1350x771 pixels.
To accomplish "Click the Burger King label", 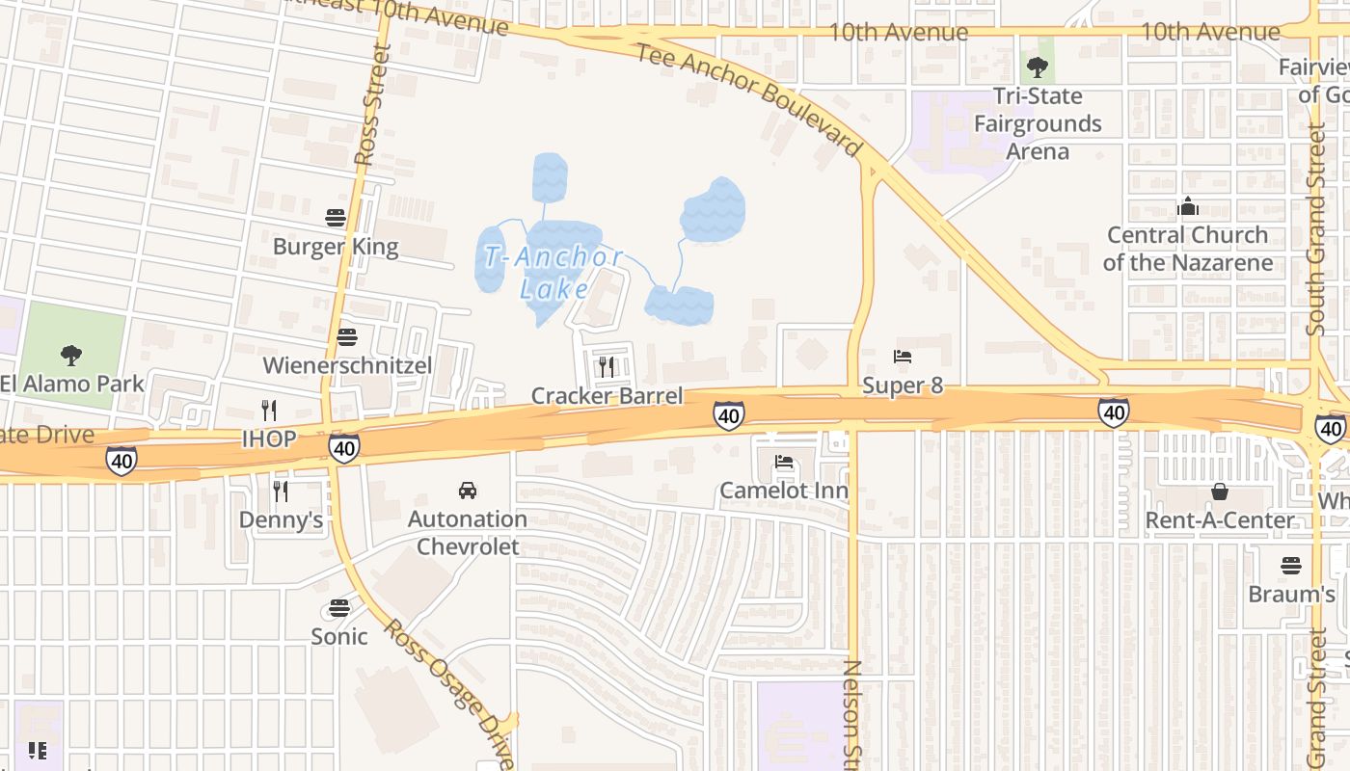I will [x=335, y=247].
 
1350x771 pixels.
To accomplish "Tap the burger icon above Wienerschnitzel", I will [x=347, y=336].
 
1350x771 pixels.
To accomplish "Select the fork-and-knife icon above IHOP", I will [x=269, y=411].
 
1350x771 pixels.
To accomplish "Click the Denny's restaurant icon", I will [x=281, y=492].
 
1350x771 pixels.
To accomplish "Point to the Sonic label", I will [x=338, y=636].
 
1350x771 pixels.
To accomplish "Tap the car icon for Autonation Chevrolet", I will [x=468, y=491].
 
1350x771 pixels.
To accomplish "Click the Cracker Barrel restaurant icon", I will [x=607, y=366].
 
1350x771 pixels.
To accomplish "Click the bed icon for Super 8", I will [x=903, y=357].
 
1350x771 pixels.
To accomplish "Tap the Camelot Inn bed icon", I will [x=784, y=462].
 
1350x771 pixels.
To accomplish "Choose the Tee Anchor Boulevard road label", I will [x=748, y=97].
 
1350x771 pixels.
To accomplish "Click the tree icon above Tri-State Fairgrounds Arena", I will [x=1038, y=66].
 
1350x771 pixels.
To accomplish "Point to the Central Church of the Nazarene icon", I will [x=1187, y=206].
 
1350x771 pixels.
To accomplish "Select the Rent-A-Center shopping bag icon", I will [x=1220, y=492].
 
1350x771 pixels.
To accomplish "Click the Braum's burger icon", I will [x=1291, y=565].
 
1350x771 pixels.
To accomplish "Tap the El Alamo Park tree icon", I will [x=71, y=355].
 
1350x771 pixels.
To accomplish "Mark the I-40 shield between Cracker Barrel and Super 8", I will [x=729, y=415].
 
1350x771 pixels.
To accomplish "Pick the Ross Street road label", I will [x=372, y=106].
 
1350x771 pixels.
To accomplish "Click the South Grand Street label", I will [x=1316, y=231].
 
